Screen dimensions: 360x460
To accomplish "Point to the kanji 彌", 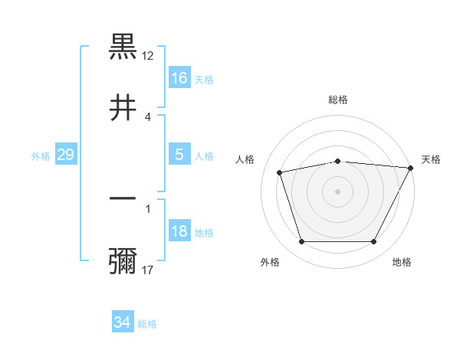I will (x=123, y=260).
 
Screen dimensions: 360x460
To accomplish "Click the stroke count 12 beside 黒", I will (x=149, y=56).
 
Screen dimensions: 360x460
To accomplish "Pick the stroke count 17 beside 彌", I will (x=149, y=270).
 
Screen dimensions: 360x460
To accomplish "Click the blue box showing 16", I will (x=179, y=78).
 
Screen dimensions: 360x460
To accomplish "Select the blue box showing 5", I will (x=179, y=155).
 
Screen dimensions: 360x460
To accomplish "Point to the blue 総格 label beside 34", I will (x=147, y=324).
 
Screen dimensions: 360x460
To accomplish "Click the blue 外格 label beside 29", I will (x=41, y=156).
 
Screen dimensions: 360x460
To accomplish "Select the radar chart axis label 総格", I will (x=337, y=100).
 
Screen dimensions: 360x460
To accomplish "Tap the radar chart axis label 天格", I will (x=431, y=159).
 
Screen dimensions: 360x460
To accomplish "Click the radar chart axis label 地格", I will (x=402, y=263).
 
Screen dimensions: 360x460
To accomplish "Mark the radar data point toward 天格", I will (x=411, y=168).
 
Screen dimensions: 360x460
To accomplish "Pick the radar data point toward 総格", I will (x=337, y=161).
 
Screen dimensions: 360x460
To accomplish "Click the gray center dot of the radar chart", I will (x=337, y=191).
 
